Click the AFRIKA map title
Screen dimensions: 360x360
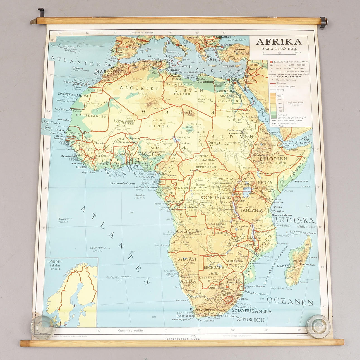tap(279, 42)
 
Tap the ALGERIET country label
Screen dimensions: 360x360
tap(139, 88)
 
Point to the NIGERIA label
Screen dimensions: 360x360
tap(149, 154)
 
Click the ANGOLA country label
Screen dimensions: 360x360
tap(187, 231)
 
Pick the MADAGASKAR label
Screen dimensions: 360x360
tap(288, 267)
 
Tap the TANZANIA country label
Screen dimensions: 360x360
tap(251, 210)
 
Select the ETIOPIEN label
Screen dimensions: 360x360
tap(273, 159)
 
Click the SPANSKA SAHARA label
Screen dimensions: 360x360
tap(73, 94)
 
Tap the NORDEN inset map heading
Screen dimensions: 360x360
tap(55, 261)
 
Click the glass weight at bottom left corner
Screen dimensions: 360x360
tap(43, 326)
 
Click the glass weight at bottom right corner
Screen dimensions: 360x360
tap(318, 326)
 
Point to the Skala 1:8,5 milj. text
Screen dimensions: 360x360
tap(279, 48)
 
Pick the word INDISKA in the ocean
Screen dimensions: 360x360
tap(295, 220)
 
